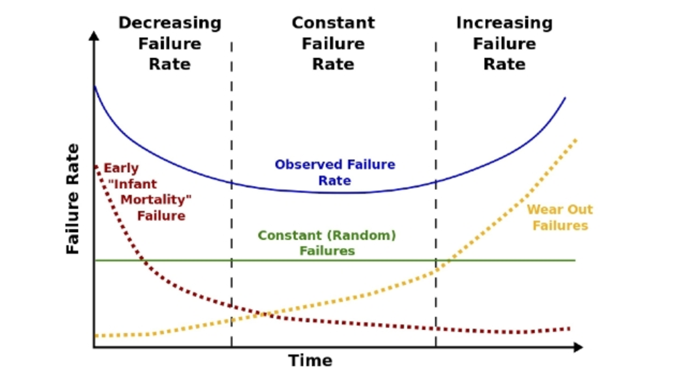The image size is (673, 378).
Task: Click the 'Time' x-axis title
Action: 310,361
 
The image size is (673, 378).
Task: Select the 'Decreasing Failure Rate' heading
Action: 170,44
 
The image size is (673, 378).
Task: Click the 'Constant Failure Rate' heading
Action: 333,44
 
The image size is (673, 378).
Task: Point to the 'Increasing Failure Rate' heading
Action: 504,44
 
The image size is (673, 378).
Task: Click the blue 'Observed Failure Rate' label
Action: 335,172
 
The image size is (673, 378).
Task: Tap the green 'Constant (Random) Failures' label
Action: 327,243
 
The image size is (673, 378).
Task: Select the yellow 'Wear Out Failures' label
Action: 560,218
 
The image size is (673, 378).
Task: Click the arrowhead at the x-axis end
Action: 578,347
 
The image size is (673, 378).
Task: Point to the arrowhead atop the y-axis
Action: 94,36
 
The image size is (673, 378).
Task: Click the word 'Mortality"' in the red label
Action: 156,200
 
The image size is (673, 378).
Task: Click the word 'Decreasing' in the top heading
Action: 170,23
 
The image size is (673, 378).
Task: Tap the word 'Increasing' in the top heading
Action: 504,23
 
